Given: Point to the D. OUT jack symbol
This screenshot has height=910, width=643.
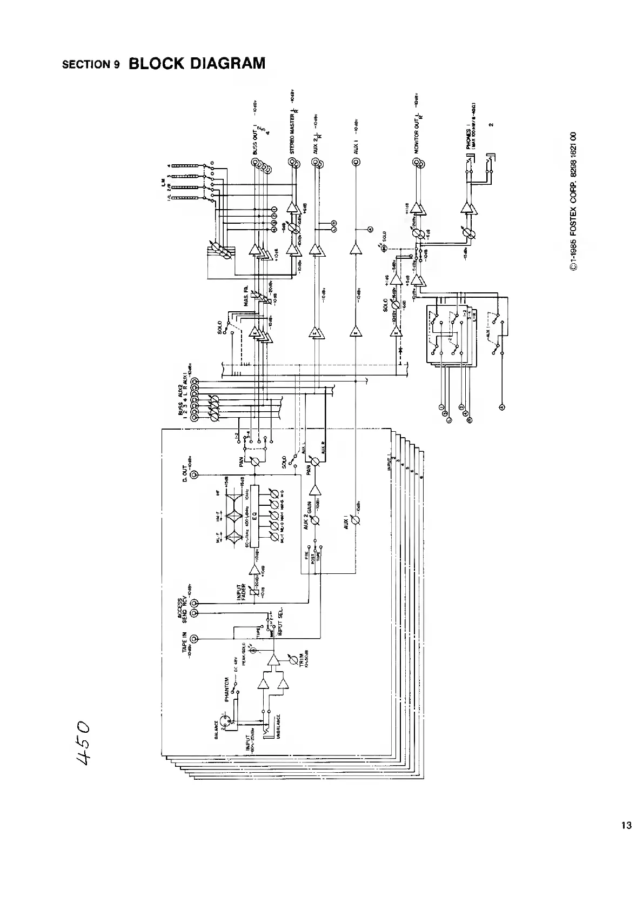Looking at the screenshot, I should point(195,475).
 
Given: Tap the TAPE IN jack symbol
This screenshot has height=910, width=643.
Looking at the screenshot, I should point(195,639).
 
